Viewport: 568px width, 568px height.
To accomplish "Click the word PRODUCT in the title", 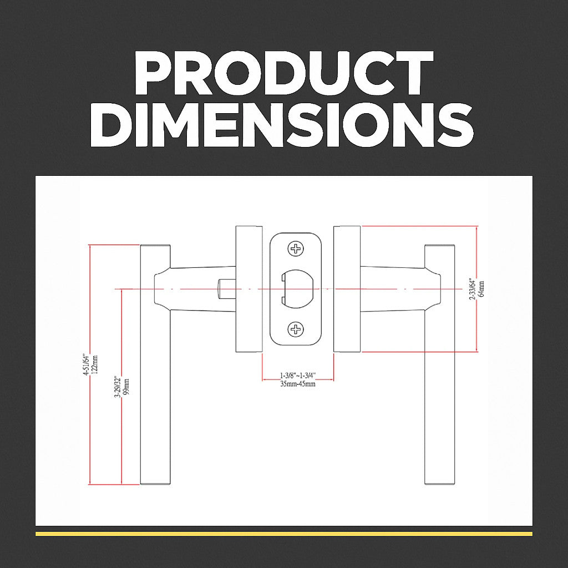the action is point(284,73).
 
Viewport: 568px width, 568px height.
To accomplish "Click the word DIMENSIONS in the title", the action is point(282,125).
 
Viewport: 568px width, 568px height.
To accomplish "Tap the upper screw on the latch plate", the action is point(296,249).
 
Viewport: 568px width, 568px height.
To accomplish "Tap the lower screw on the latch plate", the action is point(296,329).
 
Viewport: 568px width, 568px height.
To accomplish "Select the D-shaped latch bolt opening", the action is point(298,288).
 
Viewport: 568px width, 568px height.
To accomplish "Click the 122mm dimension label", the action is point(95,365).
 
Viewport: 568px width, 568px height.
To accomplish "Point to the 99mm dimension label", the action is point(126,387).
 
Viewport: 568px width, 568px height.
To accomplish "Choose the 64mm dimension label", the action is point(481,288).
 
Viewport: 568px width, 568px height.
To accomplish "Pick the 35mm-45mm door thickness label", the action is point(298,384).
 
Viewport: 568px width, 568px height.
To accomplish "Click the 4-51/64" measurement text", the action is point(86,364).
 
